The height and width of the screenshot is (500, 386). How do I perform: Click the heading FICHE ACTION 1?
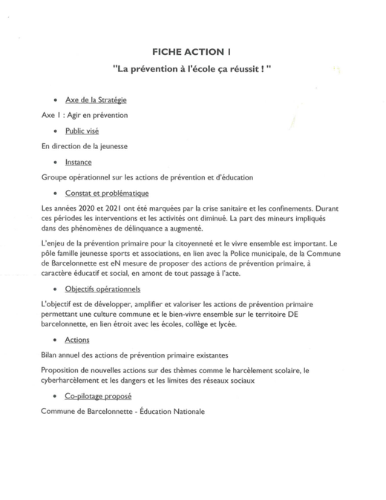(192, 52)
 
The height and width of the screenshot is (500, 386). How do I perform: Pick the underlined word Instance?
(79, 161)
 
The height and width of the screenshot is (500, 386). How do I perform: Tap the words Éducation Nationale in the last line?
(169, 412)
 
